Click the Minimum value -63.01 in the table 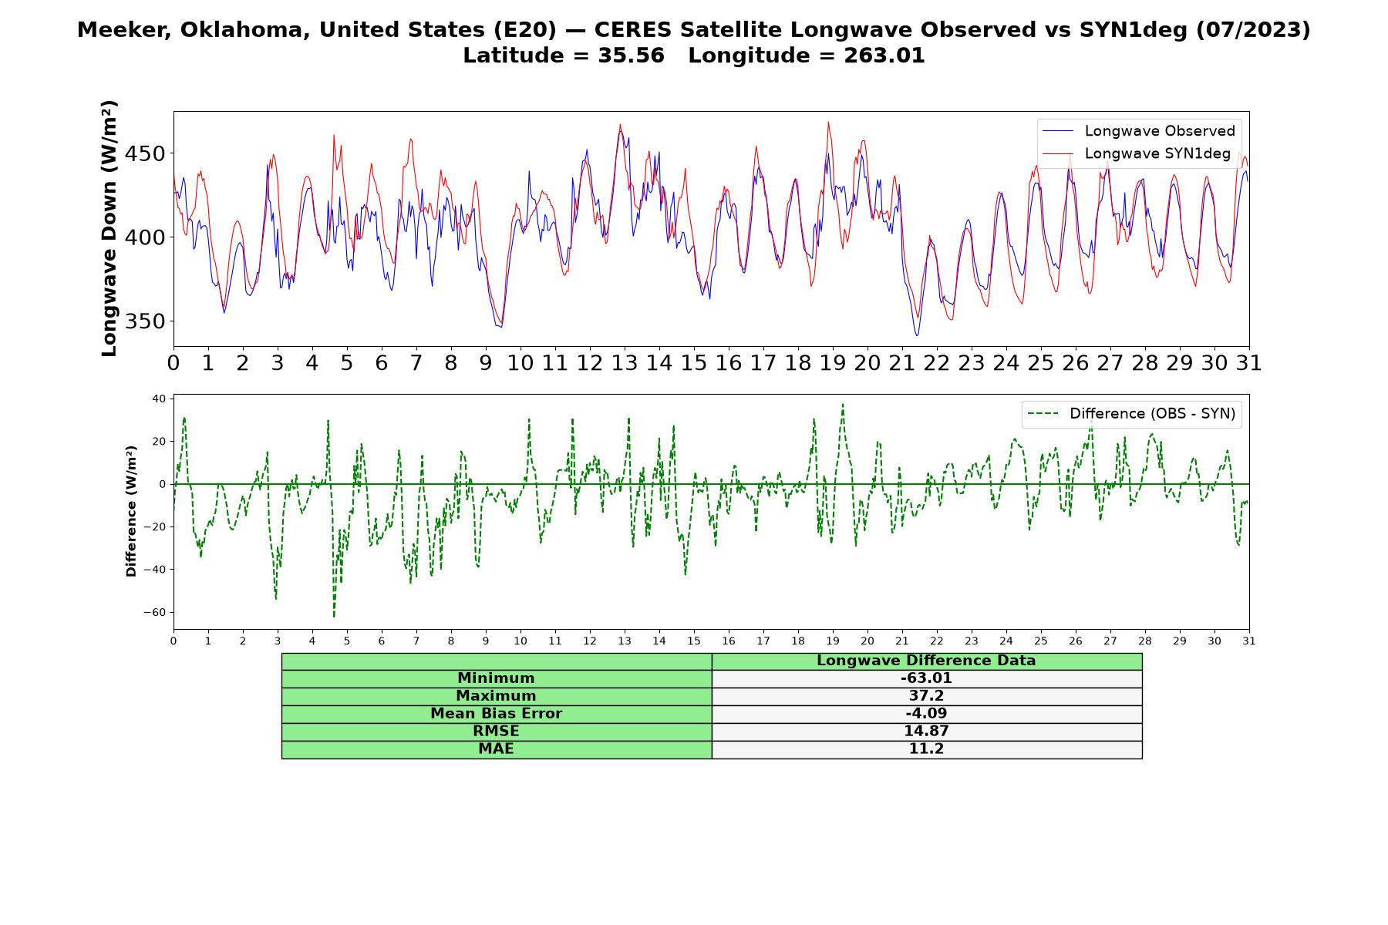point(926,678)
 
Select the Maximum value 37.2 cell point(926,696)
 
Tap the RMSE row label point(496,732)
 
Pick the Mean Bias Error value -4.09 point(926,714)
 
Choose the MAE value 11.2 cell point(926,749)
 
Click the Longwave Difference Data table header point(926,661)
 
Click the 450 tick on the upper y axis point(145,154)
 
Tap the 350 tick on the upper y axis point(145,321)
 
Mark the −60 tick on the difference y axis point(155,613)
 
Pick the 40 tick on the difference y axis point(160,399)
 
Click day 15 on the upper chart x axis point(693,363)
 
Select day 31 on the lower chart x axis point(1249,641)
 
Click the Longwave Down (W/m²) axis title point(109,228)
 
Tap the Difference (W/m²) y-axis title point(131,511)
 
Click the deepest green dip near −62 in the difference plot point(334,616)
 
